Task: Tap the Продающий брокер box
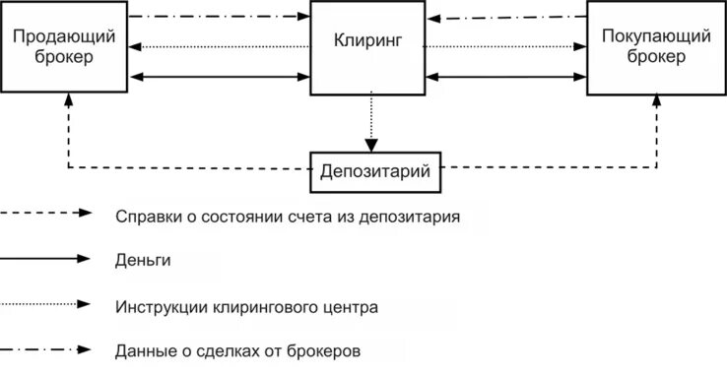[65, 46]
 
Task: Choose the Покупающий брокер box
[655, 47]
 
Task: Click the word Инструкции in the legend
[161, 306]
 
